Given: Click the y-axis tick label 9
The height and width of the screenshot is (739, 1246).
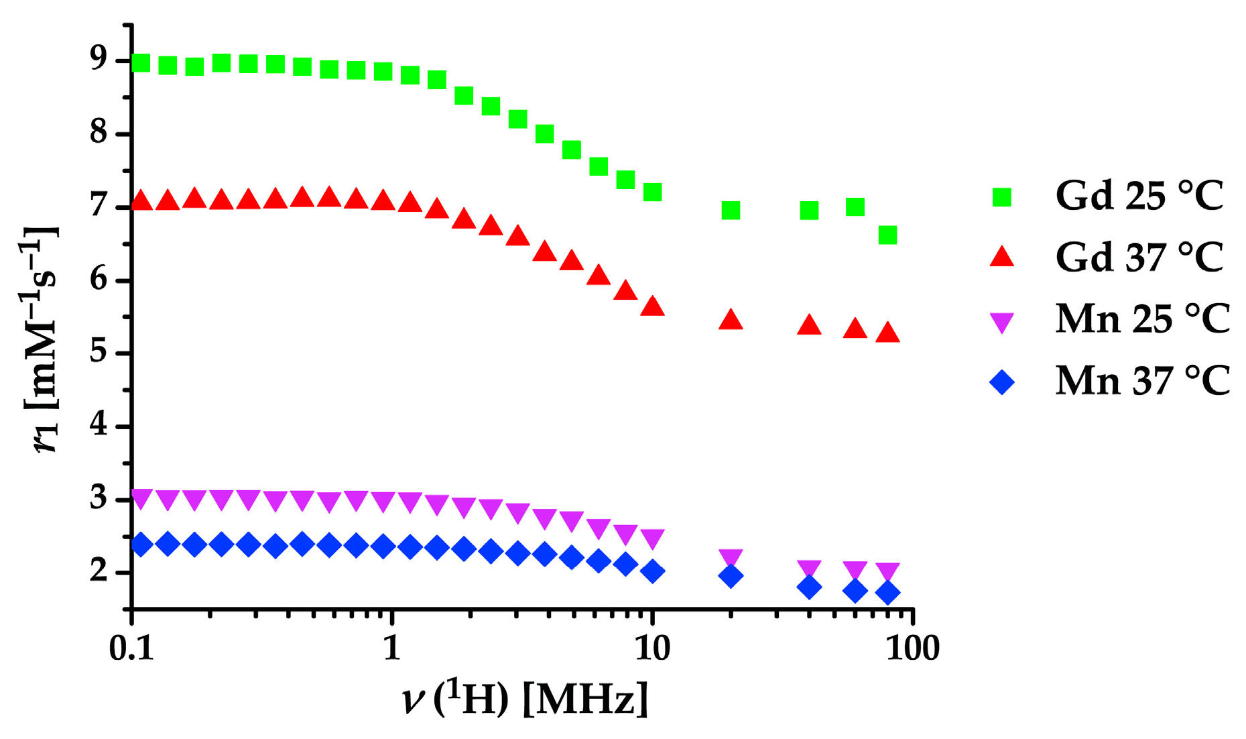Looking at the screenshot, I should point(98,60).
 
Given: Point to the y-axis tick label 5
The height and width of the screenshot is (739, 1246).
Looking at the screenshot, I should point(98,353).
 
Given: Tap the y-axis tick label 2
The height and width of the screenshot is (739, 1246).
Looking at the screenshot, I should point(98,572).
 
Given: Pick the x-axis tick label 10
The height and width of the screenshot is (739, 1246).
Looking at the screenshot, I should point(651,648).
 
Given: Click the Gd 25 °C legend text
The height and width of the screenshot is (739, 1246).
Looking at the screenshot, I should point(1139,196).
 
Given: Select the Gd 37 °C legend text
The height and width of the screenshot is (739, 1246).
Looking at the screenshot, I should point(1139,258).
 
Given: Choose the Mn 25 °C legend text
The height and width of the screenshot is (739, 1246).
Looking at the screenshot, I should point(1142,319).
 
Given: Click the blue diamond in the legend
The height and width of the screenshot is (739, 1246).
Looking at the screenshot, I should point(1002,382).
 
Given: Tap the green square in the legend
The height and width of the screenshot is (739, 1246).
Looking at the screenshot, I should point(1001,197).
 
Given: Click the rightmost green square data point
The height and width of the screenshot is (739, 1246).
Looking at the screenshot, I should point(887,235).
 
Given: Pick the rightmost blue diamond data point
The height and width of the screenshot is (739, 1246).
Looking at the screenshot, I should point(887,593).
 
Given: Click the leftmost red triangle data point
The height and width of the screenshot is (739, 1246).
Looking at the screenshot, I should point(141,201).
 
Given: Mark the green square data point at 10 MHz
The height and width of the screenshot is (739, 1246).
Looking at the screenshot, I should point(652,192).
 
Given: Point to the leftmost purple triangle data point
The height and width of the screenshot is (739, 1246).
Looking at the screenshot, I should point(141,499).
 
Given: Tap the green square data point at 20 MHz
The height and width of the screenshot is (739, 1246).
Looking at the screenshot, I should point(731,211).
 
